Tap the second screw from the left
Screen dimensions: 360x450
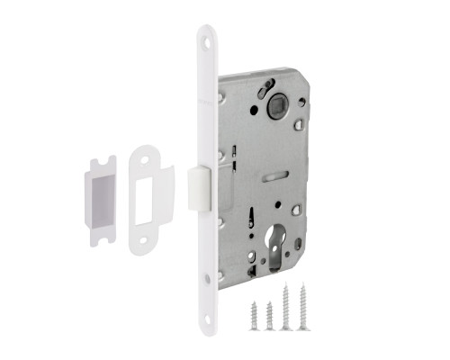(x=269, y=314)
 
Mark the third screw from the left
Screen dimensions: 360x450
(x=286, y=309)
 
